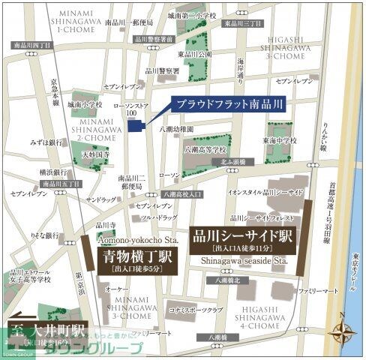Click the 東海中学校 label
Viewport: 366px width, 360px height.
coord(280,139)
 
